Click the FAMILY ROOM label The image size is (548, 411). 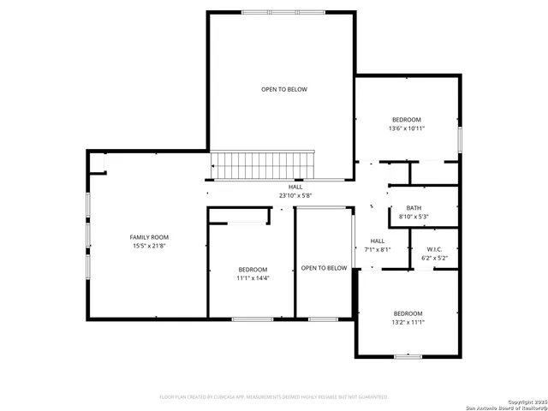pyautogui.click(x=149, y=237)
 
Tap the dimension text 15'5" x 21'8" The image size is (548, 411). pyautogui.click(x=149, y=247)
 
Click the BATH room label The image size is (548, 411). pyautogui.click(x=414, y=208)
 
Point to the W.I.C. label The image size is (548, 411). pyautogui.click(x=436, y=249)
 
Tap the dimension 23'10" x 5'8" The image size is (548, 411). pyautogui.click(x=295, y=195)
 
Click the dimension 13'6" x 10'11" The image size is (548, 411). pyautogui.click(x=406, y=128)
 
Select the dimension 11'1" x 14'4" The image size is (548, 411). pyautogui.click(x=253, y=278)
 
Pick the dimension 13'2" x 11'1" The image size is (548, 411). pyautogui.click(x=408, y=322)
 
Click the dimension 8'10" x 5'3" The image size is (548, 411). pyautogui.click(x=414, y=217)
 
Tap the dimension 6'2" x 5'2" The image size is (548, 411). pyautogui.click(x=436, y=258)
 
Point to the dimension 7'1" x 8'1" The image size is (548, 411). pyautogui.click(x=378, y=250)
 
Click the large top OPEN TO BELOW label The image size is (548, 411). pyautogui.click(x=284, y=89)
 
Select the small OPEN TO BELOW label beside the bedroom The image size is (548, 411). pyautogui.click(x=325, y=268)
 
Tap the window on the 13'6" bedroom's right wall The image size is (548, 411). pyautogui.click(x=460, y=139)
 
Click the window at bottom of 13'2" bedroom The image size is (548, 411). pyautogui.click(x=408, y=355)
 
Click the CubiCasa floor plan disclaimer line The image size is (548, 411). pyautogui.click(x=274, y=396)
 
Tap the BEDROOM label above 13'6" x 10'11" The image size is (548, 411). pyautogui.click(x=406, y=119)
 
